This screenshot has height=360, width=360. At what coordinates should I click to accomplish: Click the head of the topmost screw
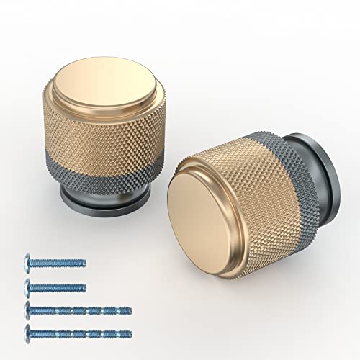click(x=30, y=262)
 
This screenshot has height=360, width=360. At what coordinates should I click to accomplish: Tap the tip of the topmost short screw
click(x=84, y=262)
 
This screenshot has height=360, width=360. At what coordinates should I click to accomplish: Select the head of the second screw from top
click(x=30, y=285)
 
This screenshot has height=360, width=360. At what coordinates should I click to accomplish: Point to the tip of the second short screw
click(x=84, y=285)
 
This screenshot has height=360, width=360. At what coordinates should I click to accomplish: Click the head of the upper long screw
click(x=30, y=310)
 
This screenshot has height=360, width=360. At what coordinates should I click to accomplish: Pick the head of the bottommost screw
click(x=30, y=333)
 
